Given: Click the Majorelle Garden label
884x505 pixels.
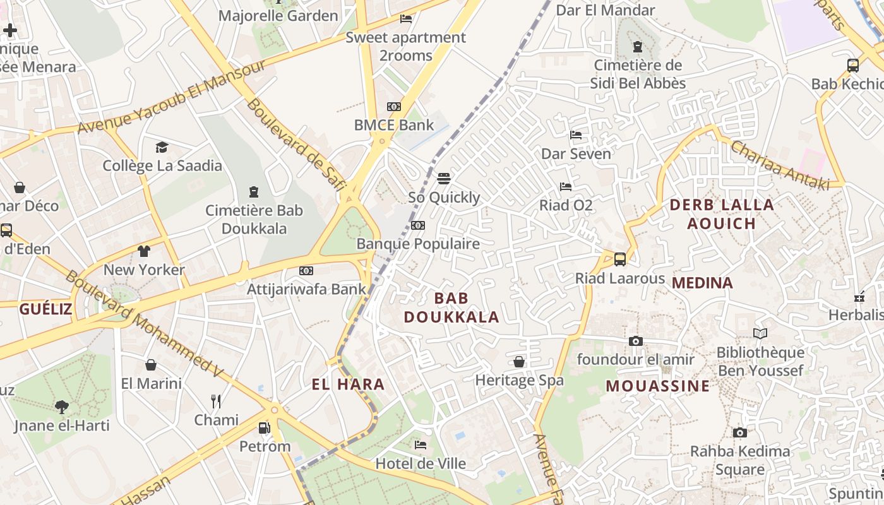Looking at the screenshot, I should coord(278,16).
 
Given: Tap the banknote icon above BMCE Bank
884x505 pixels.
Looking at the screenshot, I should coord(394,107).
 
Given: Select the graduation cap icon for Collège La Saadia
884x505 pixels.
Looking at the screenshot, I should coord(162,148).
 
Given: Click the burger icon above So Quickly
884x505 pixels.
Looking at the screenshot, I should coord(444,179).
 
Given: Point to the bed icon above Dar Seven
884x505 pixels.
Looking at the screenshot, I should coord(575,135).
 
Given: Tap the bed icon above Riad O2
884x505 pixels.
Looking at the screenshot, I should coord(566,187).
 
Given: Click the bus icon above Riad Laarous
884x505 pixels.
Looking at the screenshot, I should coord(620,259).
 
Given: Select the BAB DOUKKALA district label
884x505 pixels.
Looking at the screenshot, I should coord(451,307).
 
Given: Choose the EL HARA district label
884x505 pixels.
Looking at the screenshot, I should coord(348,384).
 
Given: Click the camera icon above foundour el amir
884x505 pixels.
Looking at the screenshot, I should coord(636,342).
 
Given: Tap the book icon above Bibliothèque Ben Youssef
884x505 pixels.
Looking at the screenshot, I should coord(760,334).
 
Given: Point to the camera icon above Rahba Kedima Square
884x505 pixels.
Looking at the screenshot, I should coord(740,433).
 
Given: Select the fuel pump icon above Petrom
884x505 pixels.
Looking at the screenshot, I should coord(265,428).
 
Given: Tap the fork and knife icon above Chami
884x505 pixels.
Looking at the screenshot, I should coord(216,401).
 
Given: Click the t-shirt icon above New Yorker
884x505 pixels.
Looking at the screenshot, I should coord(144,251).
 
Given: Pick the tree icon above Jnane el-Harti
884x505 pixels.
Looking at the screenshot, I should coord(62,407).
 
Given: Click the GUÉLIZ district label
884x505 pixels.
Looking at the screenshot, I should coord(45,309).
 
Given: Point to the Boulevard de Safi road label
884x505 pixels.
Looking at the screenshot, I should coord(296,144).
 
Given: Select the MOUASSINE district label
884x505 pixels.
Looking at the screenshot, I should coord(658,386).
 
